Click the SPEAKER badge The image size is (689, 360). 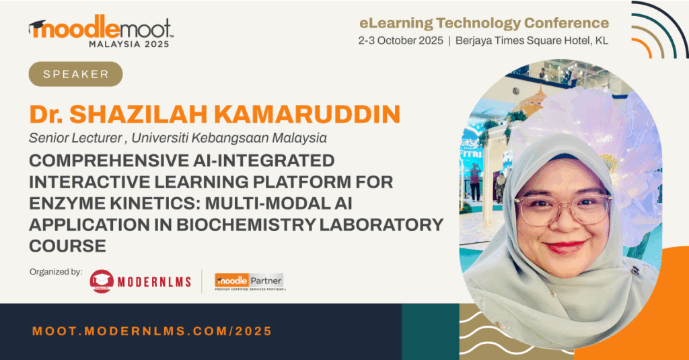click(x=75, y=74)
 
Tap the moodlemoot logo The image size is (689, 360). click(x=101, y=31)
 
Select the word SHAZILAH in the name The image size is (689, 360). click(x=139, y=114)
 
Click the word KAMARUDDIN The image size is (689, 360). click(x=307, y=114)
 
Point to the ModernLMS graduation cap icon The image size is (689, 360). click(x=102, y=281)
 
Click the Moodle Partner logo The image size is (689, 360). click(x=249, y=282)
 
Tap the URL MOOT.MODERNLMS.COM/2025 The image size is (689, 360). click(x=152, y=331)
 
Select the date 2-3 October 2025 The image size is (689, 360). click(x=400, y=40)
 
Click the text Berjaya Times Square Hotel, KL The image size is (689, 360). click(x=532, y=41)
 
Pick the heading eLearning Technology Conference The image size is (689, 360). click(x=484, y=23)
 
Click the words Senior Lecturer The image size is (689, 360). click(x=75, y=138)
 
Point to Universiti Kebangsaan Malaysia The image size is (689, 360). click(x=229, y=138)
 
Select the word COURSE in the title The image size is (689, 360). click(x=68, y=246)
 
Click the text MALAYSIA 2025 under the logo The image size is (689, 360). click(x=129, y=44)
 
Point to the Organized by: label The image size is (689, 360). click(x=56, y=272)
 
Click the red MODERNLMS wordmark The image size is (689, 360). click(x=154, y=282)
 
